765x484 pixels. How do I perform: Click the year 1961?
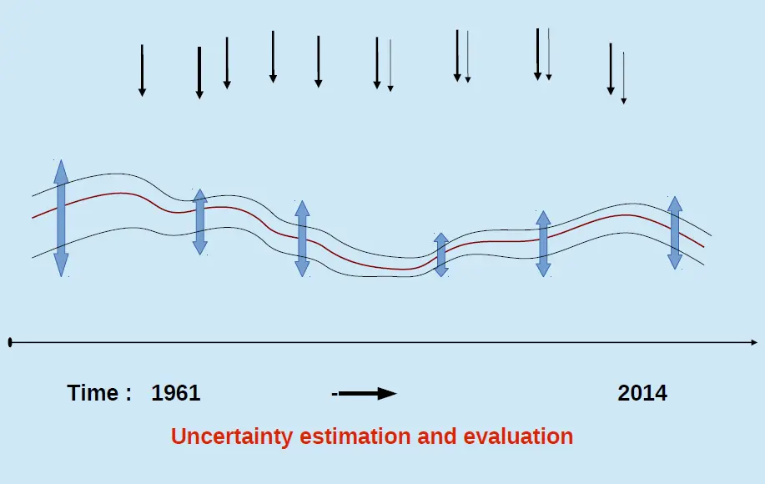(176, 393)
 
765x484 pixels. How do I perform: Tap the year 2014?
(642, 393)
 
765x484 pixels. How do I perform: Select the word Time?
(93, 393)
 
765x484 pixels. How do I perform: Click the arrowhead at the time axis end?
(753, 342)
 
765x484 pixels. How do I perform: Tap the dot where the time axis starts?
(9, 342)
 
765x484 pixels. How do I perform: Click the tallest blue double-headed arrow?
(60, 218)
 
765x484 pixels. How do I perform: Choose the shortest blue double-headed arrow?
(441, 255)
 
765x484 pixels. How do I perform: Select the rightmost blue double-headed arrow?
(675, 233)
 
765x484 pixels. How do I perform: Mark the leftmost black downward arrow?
(142, 70)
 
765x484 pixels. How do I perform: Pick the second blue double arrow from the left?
(199, 221)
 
